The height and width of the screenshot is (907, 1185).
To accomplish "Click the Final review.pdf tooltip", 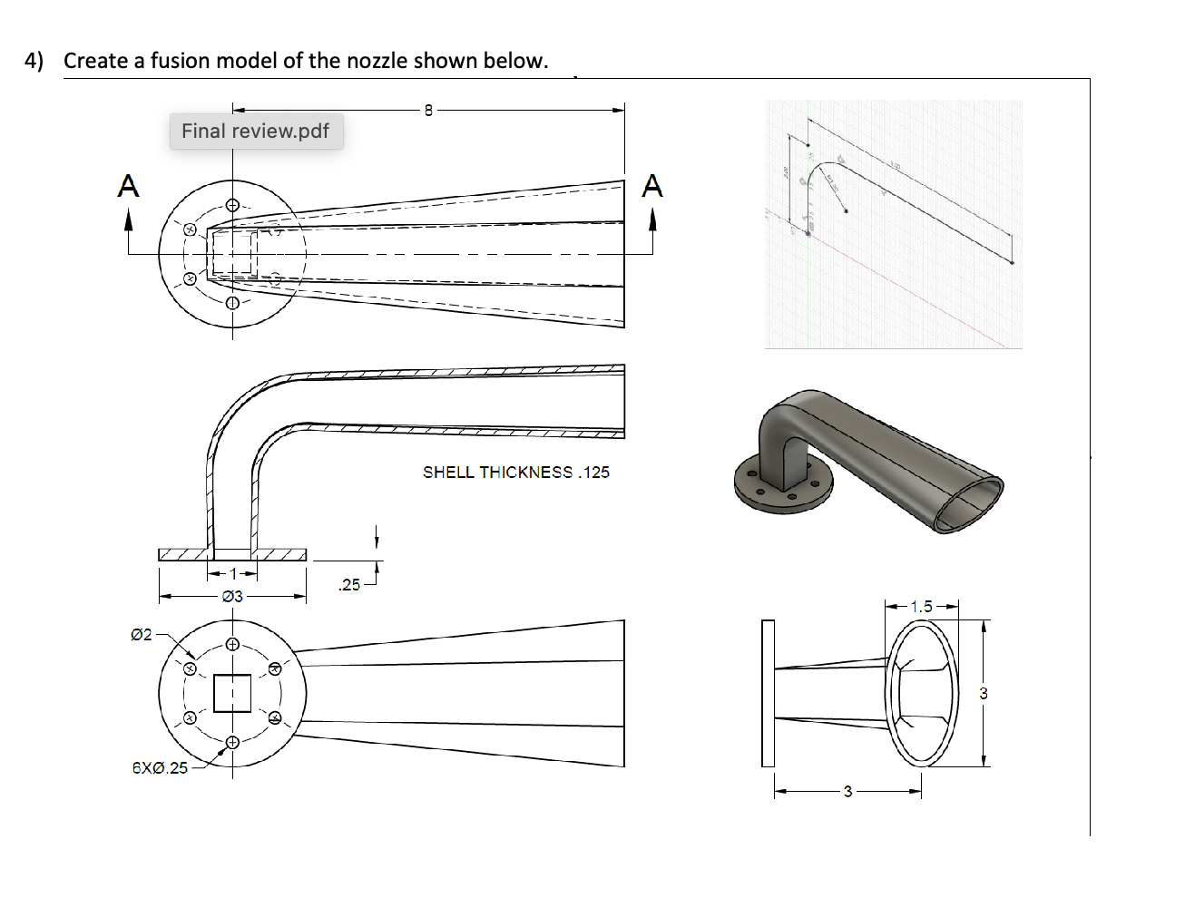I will coord(256,132).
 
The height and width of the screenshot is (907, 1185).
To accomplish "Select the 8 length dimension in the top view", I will coord(429,111).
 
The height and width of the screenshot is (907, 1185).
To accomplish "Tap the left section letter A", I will coord(129,186).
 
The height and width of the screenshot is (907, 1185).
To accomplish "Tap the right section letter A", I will coord(651,186).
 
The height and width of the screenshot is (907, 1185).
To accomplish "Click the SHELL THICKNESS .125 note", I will coord(515,473).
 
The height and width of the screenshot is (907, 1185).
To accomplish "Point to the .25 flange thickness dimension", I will coord(349,585).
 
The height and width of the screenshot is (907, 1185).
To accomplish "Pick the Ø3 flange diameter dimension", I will coord(232,597).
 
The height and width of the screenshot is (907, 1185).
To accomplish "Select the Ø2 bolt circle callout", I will coord(142,635).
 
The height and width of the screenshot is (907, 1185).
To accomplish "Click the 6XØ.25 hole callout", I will coord(160,768).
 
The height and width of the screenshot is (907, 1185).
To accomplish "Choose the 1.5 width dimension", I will coord(921,607).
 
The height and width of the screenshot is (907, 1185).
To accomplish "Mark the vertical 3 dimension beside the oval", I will coord(984,694).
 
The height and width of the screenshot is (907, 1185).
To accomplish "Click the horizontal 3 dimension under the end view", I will coord(847,792).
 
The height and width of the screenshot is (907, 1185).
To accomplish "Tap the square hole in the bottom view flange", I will coord(232,693).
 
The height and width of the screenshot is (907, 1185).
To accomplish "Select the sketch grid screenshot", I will coord(893,224).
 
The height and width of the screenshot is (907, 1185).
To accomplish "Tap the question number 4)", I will coord(34,61).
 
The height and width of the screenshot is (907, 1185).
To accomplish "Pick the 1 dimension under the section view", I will coord(232,573).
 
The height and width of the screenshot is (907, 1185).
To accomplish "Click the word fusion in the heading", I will coord(179,61).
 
